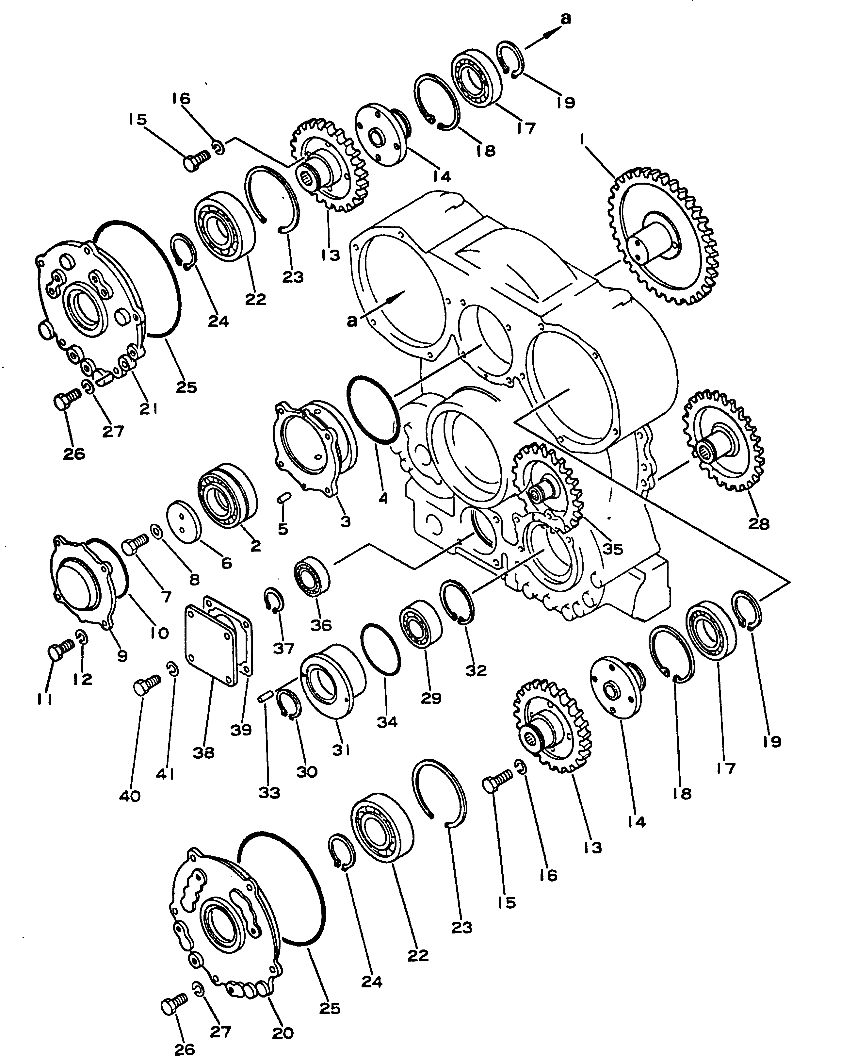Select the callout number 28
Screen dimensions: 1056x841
[758, 524]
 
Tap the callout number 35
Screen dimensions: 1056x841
[612, 549]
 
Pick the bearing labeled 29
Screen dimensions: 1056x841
[421, 623]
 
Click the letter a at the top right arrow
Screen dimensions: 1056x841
[565, 19]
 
